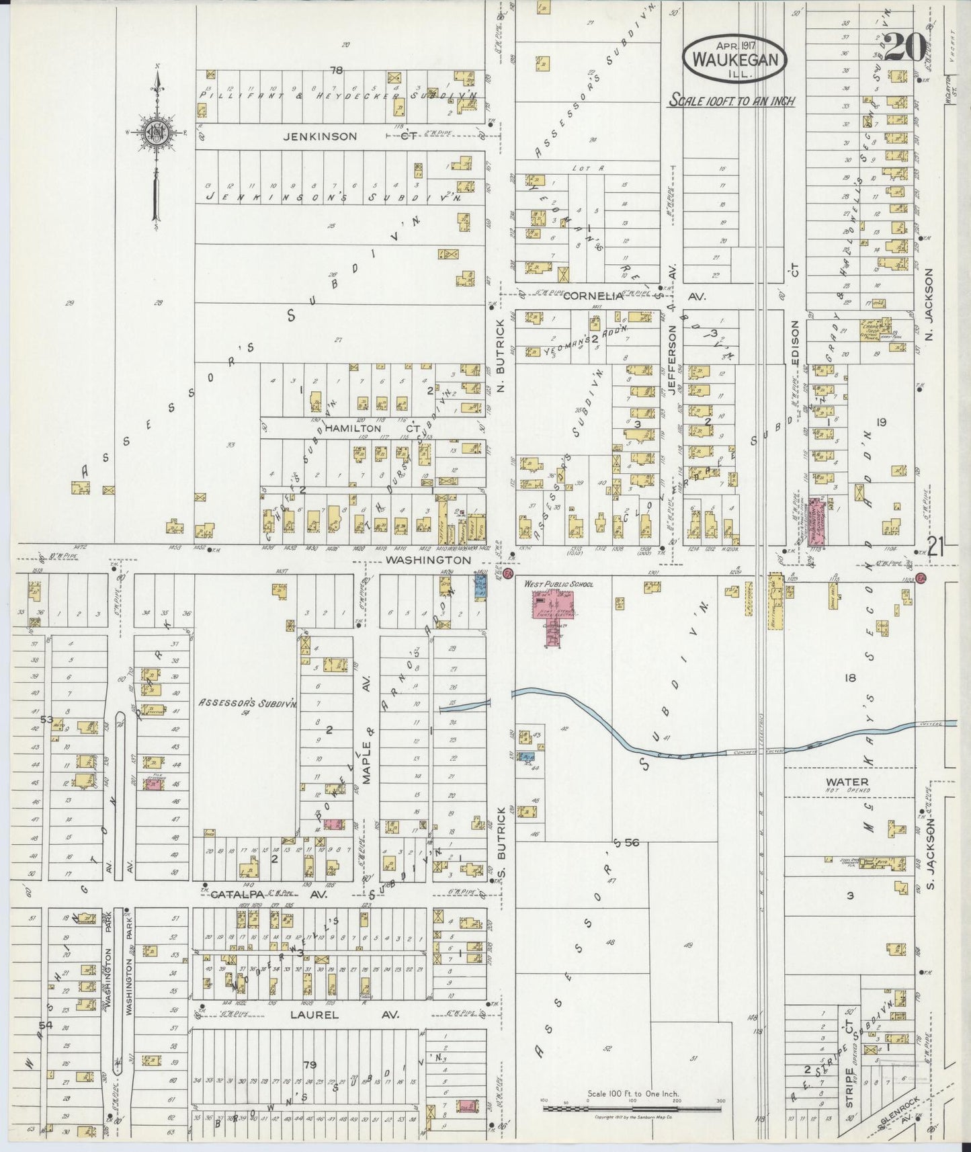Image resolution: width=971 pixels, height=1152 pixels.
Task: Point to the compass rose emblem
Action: coord(156,132)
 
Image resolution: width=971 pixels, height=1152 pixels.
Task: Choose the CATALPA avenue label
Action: coord(235,895)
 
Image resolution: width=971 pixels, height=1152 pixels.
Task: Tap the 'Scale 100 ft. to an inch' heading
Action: coord(731,101)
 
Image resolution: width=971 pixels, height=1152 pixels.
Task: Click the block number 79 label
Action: coord(310,1064)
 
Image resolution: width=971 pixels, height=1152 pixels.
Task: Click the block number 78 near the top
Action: coord(336,70)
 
